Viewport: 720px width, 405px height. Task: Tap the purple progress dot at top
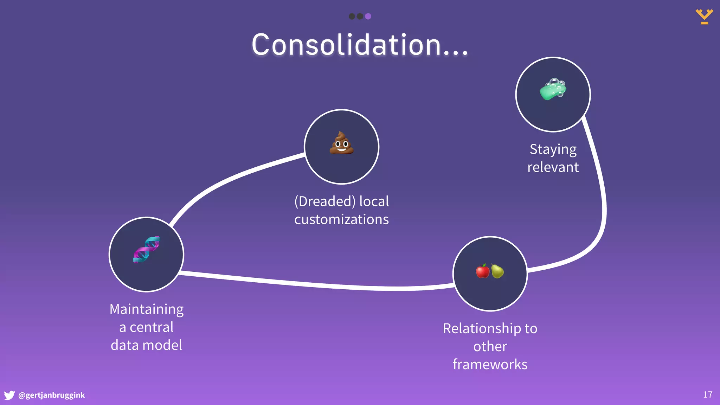368,16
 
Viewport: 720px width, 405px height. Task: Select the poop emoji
341,143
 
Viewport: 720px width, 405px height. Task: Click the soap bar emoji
553,89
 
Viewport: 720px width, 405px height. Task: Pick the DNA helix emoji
147,249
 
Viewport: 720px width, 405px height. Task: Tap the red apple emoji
483,271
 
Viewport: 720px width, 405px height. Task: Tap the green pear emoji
497,271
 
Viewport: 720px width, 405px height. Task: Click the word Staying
553,149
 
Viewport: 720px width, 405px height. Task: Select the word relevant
553,167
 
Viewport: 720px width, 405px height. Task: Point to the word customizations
341,219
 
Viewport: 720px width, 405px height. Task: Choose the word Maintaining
147,309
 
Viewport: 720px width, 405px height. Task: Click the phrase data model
147,345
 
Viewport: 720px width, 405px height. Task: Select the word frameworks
490,365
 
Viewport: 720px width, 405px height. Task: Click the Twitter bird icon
9,395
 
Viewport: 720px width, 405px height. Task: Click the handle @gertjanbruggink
51,395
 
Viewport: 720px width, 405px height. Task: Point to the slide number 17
708,395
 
